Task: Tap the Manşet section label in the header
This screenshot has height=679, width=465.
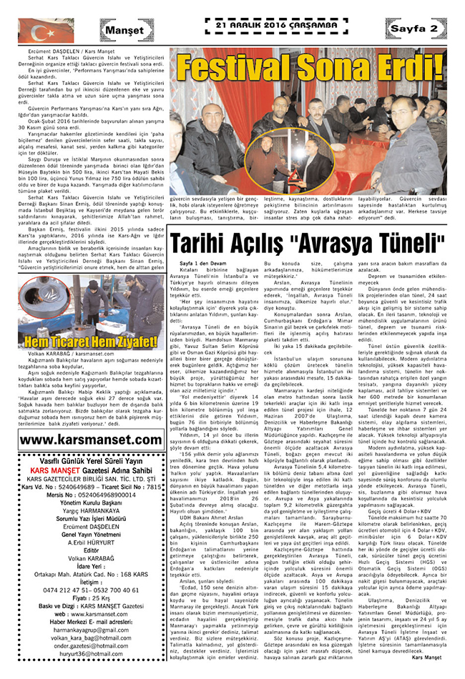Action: click(122, 30)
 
